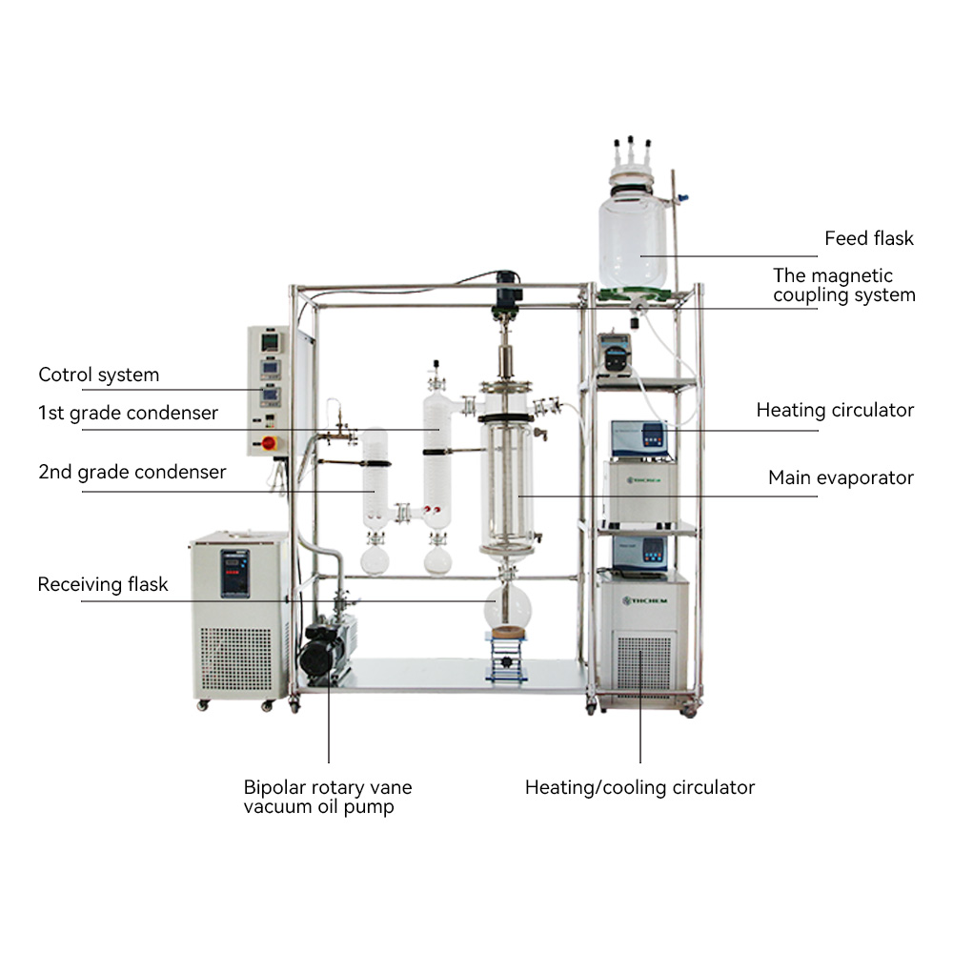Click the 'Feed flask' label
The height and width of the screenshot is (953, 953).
click(868, 238)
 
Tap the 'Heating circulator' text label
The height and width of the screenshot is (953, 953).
click(835, 410)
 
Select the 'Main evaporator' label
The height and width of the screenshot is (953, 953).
click(841, 477)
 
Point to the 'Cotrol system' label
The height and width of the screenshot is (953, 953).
click(98, 375)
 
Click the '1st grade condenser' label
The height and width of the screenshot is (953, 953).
click(128, 413)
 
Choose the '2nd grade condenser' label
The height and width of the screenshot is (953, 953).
click(132, 472)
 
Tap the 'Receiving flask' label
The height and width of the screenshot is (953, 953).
click(103, 584)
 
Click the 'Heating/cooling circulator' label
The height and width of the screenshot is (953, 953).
click(639, 787)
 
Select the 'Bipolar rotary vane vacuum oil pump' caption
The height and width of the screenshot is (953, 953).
click(328, 797)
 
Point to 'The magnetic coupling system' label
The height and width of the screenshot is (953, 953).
click(843, 285)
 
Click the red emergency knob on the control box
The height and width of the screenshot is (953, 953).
click(269, 442)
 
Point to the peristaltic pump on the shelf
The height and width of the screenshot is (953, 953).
click(618, 355)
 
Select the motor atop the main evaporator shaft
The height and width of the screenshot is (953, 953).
click(506, 287)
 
